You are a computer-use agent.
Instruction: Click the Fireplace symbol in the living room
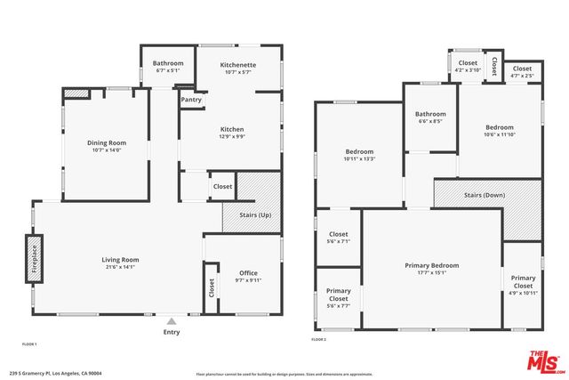click(34, 259)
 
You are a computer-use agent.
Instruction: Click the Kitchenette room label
click(238, 65)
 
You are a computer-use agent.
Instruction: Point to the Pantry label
click(191, 100)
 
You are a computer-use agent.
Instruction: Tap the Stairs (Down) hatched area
click(487, 195)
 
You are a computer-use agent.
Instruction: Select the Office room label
click(249, 273)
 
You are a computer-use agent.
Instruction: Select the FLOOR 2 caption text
click(319, 340)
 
